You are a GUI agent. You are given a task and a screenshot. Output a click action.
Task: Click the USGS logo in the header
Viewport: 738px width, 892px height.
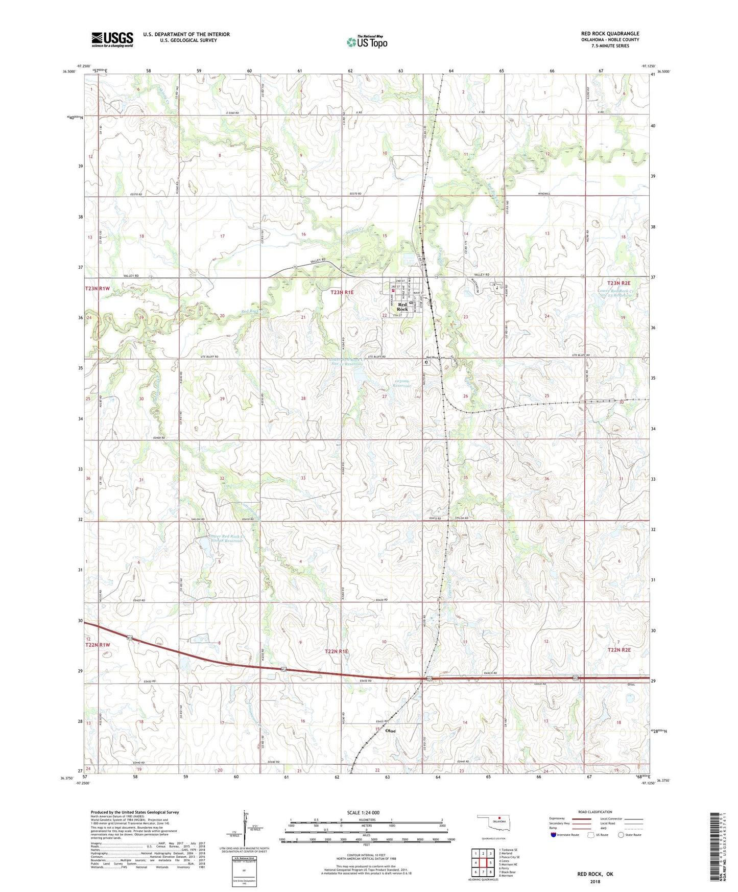(x=112, y=39)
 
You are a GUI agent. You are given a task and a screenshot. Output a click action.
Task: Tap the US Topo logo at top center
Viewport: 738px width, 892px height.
(x=367, y=42)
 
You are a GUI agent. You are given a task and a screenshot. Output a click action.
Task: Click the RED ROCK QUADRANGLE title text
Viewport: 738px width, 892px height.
(x=610, y=34)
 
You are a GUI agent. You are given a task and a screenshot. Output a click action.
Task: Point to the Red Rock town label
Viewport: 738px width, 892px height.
(x=402, y=307)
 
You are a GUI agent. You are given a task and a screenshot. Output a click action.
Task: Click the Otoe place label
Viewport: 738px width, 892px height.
(x=390, y=731)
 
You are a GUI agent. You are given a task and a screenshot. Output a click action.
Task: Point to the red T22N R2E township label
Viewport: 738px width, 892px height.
(x=619, y=650)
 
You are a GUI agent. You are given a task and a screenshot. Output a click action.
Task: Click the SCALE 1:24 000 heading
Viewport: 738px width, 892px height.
(x=363, y=813)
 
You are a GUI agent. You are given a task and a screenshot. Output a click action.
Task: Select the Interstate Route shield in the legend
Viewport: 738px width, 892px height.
(x=554, y=835)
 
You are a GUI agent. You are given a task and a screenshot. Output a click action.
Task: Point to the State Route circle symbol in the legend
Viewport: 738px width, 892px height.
(x=621, y=835)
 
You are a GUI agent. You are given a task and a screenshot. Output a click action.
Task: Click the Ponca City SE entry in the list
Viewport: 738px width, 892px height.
(x=510, y=857)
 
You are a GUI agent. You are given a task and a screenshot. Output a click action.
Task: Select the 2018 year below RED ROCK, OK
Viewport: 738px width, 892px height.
(x=595, y=881)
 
